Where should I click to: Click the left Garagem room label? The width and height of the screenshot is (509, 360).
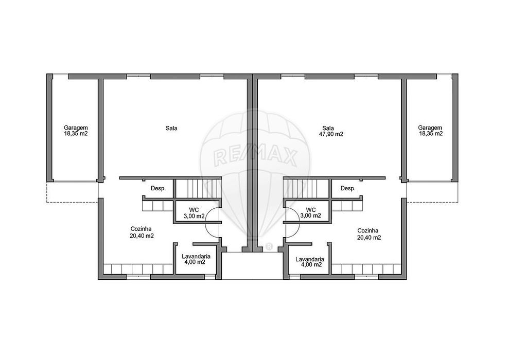coord(76,128)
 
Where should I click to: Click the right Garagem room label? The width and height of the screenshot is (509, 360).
coord(430,128)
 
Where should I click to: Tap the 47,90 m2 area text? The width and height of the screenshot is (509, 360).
coord(333,134)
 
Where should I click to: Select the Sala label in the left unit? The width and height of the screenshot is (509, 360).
coord(171,128)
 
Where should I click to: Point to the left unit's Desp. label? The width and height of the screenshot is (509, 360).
coord(159,188)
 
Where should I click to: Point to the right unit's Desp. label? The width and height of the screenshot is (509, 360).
coord(348,188)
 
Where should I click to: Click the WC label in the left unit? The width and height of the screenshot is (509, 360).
coord(194,210)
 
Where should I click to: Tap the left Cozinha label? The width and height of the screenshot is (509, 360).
coord(141,229)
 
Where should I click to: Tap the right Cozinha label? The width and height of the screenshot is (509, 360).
coord(368,230)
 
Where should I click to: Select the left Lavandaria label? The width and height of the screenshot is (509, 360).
coord(196,256)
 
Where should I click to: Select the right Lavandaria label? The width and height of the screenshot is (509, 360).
coord(310,259)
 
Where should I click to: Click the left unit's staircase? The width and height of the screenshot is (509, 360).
coord(198,188)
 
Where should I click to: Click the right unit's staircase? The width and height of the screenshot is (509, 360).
coord(307,188)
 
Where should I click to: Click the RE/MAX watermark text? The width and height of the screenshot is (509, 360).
coord(255,157)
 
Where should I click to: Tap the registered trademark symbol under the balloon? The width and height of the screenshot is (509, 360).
coord(269,247)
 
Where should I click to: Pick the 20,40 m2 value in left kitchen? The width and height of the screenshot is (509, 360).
coord(142,236)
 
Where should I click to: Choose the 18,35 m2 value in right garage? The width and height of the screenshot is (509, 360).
coord(431,133)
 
